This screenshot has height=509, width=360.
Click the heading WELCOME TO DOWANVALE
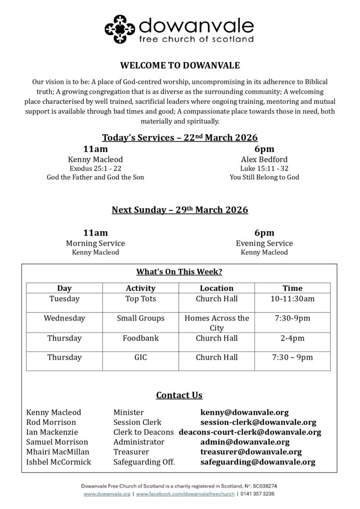pyautogui.click(x=180, y=65)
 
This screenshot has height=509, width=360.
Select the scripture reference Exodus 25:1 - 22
pyautogui.click(x=95, y=169)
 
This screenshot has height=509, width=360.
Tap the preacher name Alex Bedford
pyautogui.click(x=264, y=160)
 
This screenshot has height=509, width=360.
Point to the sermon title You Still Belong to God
pyautogui.click(x=264, y=177)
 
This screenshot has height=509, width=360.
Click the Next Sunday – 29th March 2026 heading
pyautogui.click(x=180, y=210)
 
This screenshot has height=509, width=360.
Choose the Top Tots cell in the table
pyautogui.click(x=141, y=299)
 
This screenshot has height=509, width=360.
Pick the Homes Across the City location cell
pyautogui.click(x=216, y=323)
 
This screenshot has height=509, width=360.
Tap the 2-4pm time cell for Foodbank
pyautogui.click(x=292, y=338)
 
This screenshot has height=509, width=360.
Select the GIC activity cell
pyautogui.click(x=141, y=357)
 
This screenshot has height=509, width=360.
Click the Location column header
pyautogui.click(x=216, y=288)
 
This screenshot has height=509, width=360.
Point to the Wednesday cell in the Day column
pyautogui.click(x=64, y=318)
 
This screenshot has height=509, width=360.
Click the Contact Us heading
pyautogui.click(x=179, y=395)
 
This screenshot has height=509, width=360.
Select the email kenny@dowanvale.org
pyautogui.click(x=244, y=413)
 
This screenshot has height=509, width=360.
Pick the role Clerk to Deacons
pyautogui.click(x=143, y=432)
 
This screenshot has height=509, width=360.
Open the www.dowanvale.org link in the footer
pyautogui.click(x=107, y=494)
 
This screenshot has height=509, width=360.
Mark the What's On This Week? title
pyautogui.click(x=179, y=272)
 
